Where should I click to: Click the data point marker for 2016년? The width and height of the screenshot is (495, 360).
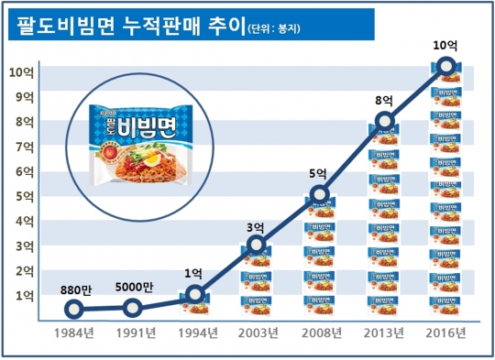pos(446,65)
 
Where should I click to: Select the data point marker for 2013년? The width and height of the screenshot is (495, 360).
pos(385,121)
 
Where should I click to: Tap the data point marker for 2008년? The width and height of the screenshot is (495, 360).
pos(319,193)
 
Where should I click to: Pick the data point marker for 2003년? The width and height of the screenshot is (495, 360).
pos(257,244)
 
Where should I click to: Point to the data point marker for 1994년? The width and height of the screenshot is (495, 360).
pos(194,294)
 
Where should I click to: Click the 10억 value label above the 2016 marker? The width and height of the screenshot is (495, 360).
pos(445,42)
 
